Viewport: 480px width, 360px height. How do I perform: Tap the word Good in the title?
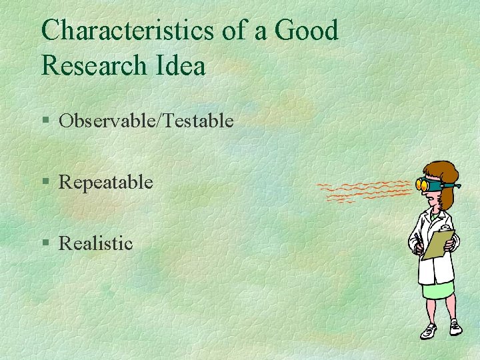tap(306, 30)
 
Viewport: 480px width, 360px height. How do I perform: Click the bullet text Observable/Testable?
tap(146, 121)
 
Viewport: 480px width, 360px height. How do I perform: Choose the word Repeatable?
tap(106, 182)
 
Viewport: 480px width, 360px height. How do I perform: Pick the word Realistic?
tap(96, 243)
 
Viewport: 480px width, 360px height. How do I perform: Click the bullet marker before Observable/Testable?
tap(45, 121)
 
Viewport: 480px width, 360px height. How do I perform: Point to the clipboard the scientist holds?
tap(438, 244)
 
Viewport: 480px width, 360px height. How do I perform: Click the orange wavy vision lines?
tap(363, 191)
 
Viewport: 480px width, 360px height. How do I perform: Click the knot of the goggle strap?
tap(455, 184)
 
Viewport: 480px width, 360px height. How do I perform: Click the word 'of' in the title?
tap(239, 30)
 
